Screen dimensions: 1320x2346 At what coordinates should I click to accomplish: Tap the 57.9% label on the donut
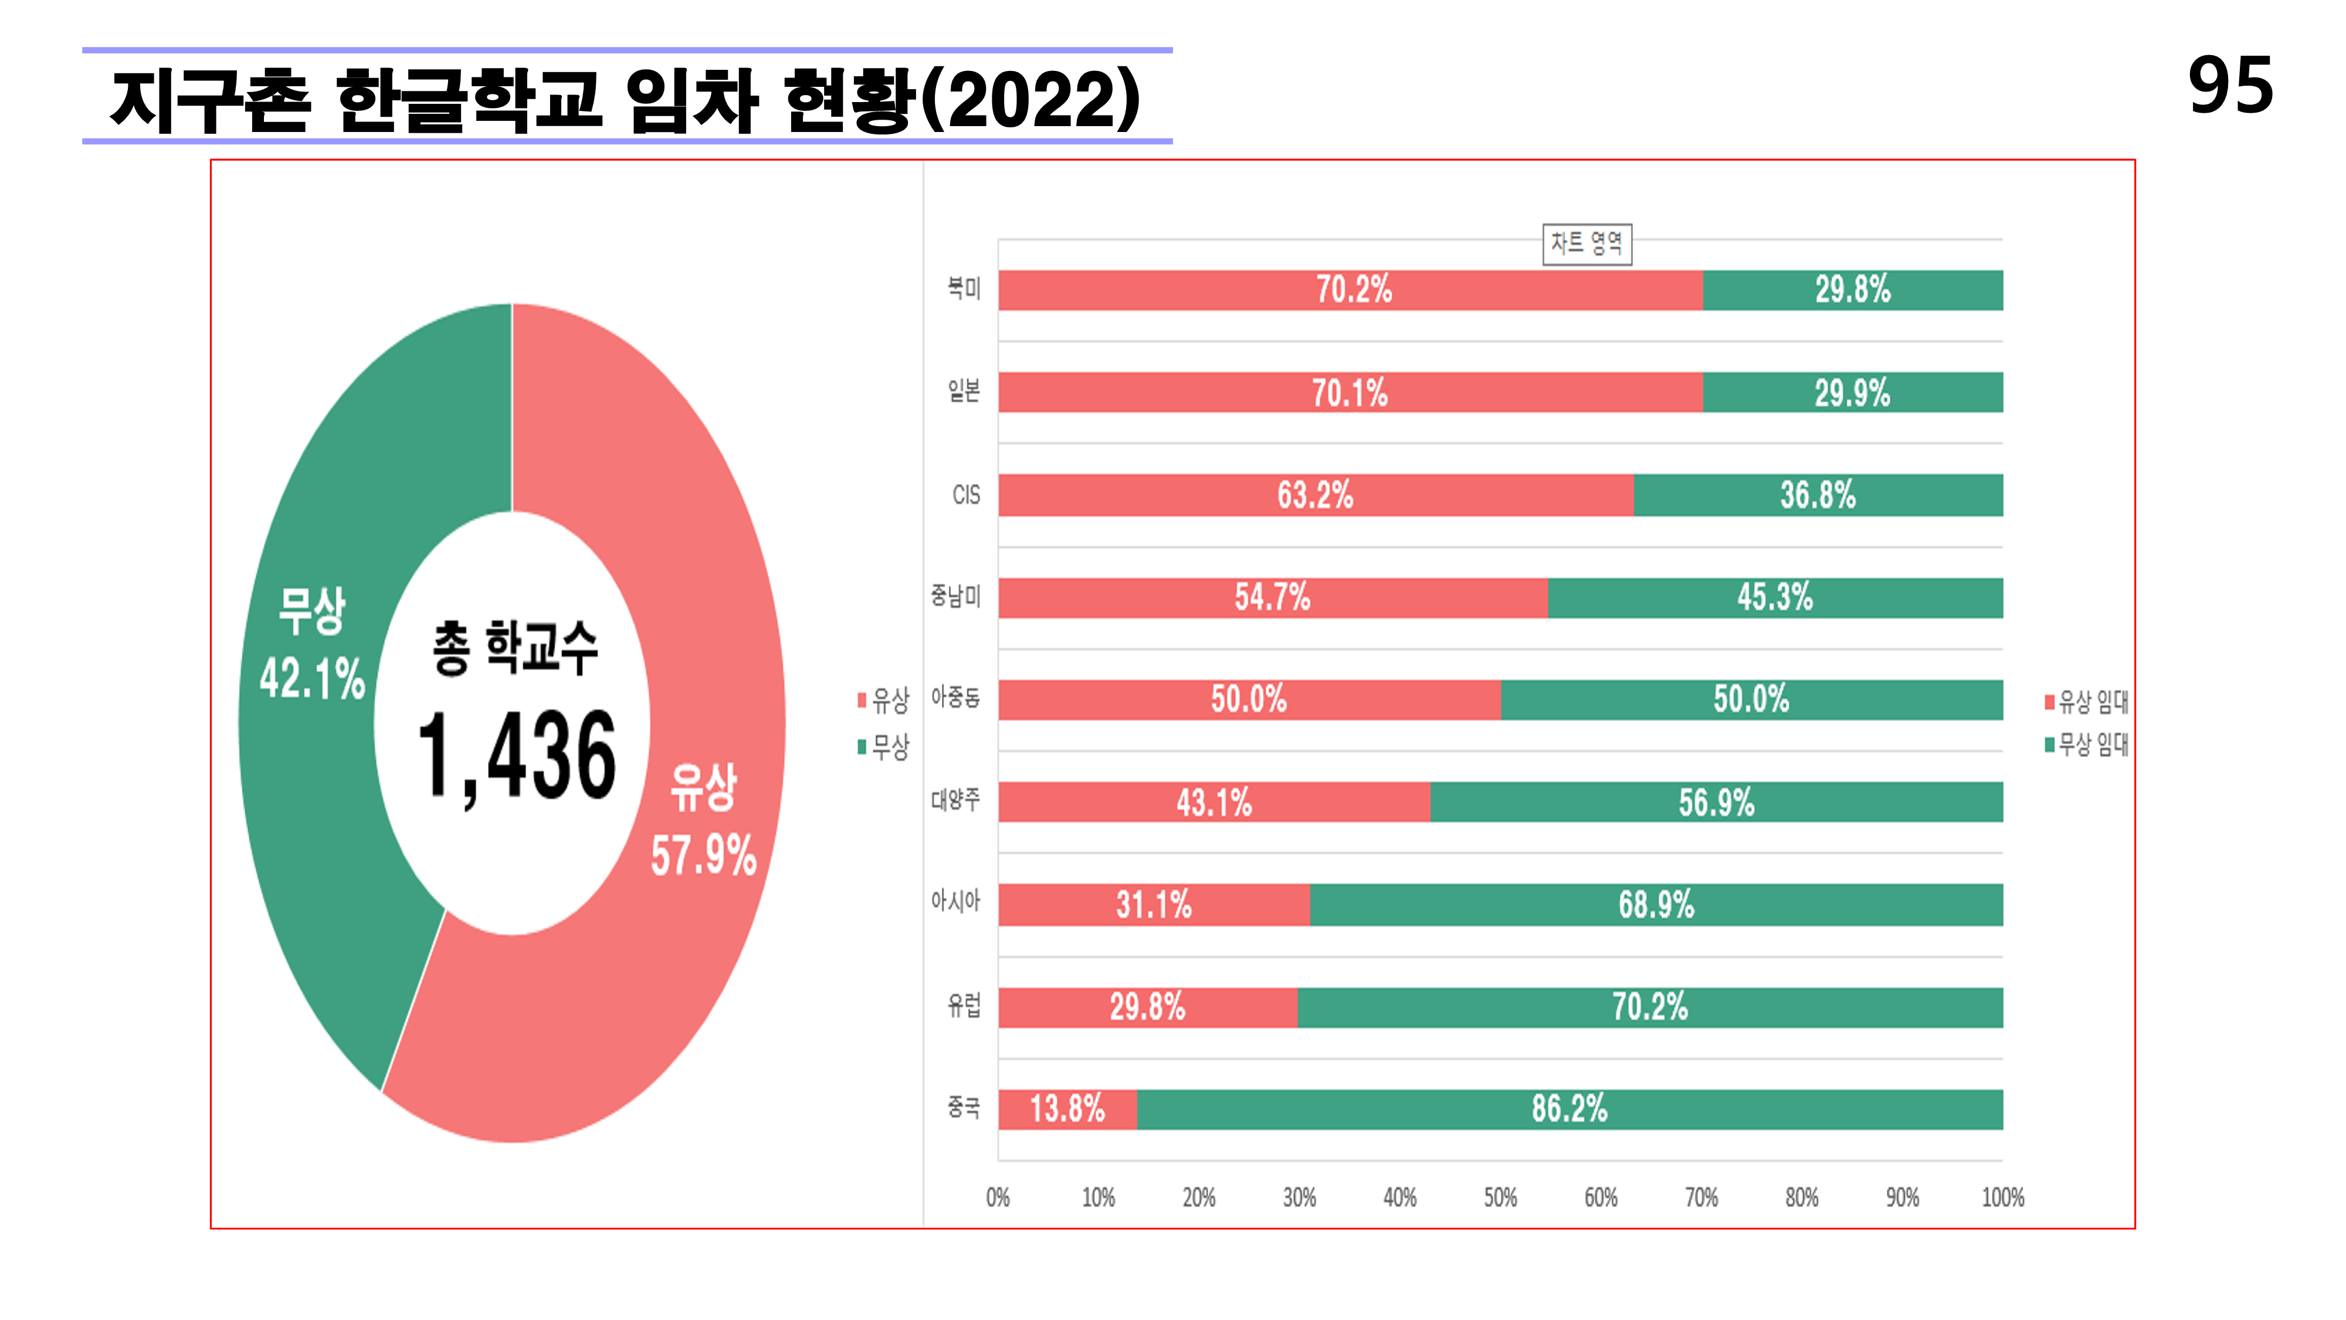703,855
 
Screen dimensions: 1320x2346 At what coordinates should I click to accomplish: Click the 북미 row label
964,289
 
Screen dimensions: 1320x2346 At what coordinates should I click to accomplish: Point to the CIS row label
965,495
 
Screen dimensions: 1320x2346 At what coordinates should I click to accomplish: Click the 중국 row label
964,1108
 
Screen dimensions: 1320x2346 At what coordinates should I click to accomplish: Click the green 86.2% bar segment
1569,1109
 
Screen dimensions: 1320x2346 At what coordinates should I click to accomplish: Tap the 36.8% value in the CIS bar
1818,495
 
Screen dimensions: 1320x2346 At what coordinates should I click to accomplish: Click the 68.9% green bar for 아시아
1656,905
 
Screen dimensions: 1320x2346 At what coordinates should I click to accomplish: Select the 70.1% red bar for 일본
1349,392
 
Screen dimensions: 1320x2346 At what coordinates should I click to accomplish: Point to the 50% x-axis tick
1500,1197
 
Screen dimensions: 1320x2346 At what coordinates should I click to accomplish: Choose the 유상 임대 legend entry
2087,702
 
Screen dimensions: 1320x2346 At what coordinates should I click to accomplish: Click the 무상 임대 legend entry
2087,744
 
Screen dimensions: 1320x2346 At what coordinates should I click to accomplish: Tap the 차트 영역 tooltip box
1586,243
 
